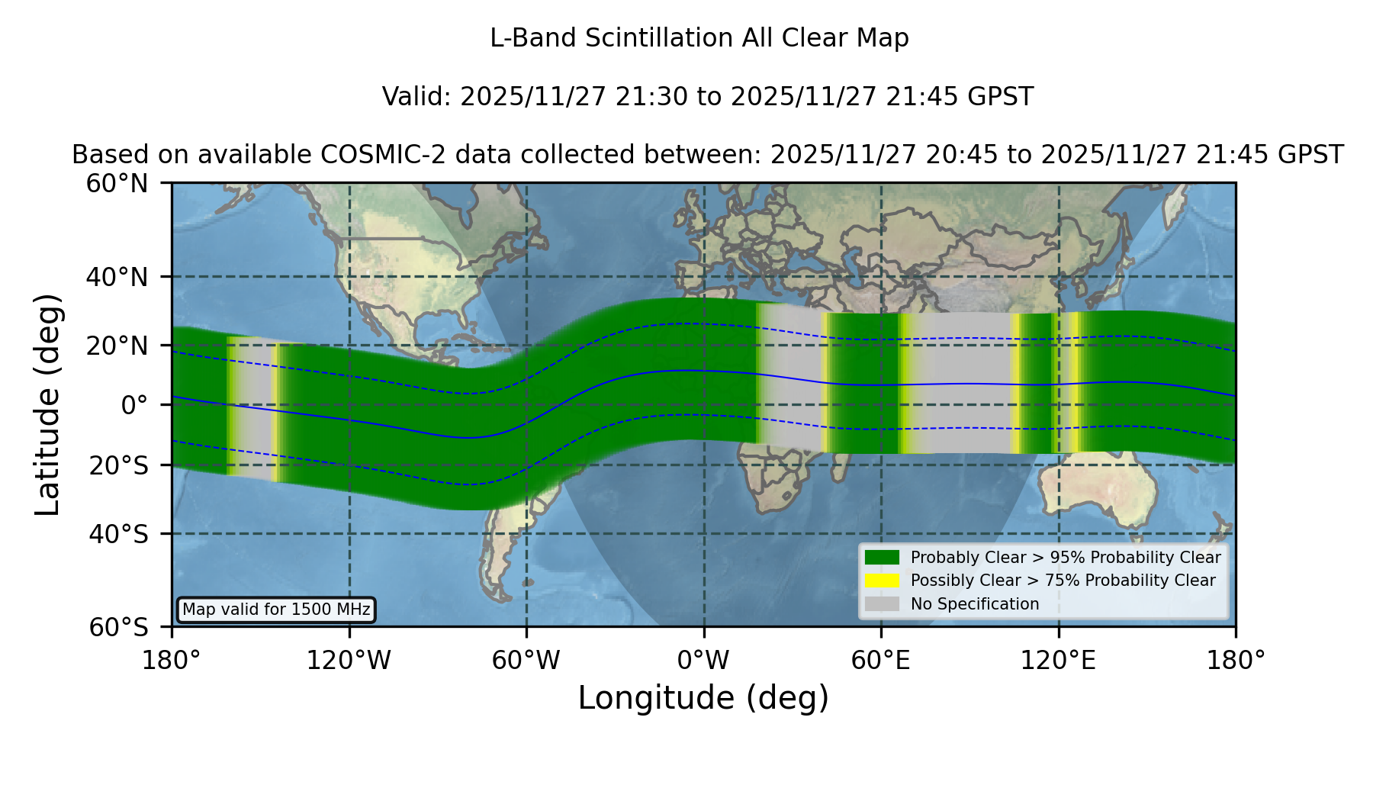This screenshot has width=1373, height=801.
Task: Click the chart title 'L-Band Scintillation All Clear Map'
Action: coord(699,38)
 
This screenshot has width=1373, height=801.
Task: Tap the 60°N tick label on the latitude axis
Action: coord(117,184)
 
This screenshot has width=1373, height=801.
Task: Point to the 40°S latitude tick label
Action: coord(118,534)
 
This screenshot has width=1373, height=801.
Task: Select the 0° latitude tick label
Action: coord(134,405)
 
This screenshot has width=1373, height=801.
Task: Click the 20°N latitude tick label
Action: coord(117,346)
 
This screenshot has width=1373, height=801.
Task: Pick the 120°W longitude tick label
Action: coord(349,660)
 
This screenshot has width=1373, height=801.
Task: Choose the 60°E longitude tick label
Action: coord(881,660)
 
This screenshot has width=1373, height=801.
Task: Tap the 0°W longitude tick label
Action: coord(703,660)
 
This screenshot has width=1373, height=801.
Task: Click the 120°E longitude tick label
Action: coord(1058,660)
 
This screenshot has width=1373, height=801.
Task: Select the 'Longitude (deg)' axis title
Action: coord(703,698)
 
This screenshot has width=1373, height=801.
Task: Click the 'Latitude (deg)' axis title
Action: coord(47,404)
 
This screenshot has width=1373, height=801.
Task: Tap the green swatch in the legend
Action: coord(883,558)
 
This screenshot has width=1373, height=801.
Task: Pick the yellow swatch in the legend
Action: coord(883,581)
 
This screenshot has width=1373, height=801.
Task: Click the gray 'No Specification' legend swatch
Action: coord(883,604)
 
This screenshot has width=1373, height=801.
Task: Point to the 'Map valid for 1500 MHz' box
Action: coord(276,610)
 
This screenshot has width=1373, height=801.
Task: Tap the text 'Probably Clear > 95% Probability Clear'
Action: coord(1066,558)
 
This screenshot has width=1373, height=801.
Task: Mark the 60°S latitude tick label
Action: coord(118,628)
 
